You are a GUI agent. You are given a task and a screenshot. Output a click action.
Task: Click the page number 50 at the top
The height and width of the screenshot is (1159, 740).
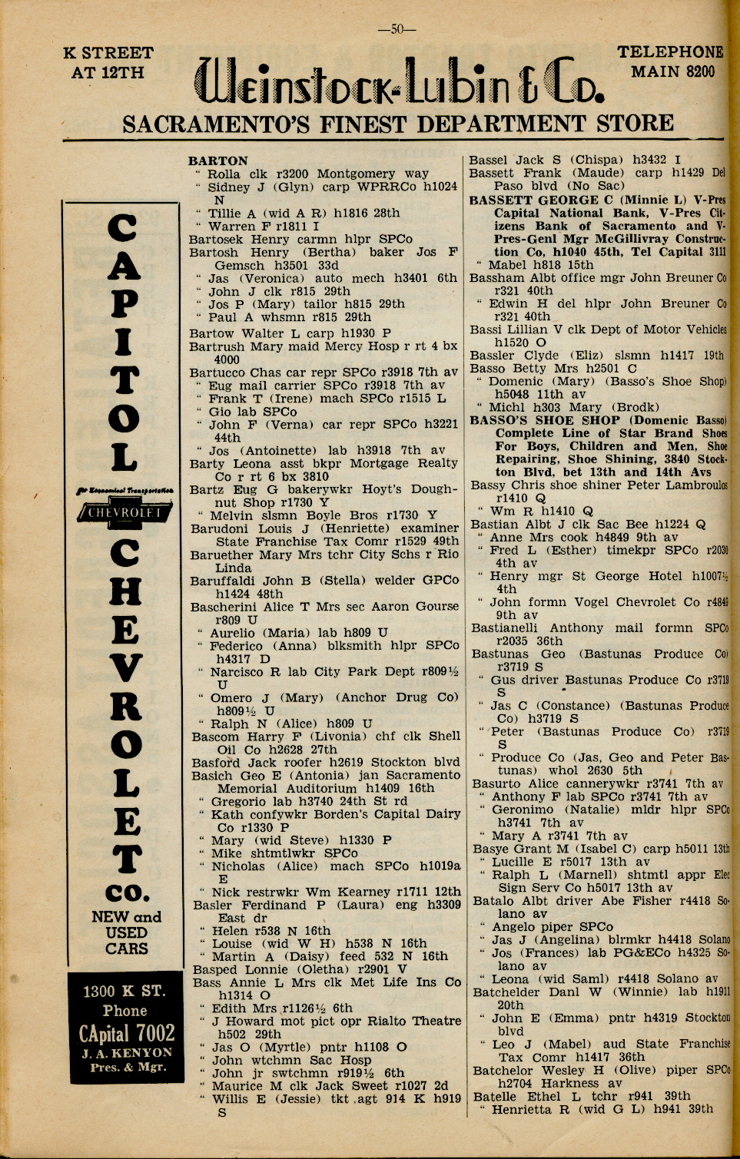[397, 29]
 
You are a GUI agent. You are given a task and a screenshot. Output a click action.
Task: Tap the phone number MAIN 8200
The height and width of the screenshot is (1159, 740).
[673, 72]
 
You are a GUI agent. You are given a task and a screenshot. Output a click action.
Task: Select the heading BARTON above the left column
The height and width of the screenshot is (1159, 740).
[218, 161]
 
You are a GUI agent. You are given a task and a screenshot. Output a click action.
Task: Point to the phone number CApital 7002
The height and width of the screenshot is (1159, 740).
[127, 1033]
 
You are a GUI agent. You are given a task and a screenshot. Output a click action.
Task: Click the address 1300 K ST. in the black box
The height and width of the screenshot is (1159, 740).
[125, 991]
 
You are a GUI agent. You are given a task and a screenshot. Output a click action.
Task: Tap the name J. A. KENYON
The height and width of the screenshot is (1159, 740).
[127, 1052]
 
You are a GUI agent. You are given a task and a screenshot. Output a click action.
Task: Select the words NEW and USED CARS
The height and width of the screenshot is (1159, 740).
[127, 932]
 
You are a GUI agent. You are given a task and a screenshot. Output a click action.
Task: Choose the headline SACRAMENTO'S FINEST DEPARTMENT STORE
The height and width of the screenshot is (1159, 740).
[398, 123]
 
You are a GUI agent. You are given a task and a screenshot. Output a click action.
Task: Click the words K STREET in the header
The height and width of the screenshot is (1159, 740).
[108, 53]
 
